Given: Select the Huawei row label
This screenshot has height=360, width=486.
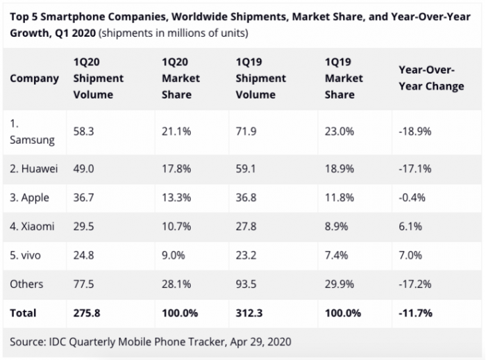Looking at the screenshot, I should (33, 168).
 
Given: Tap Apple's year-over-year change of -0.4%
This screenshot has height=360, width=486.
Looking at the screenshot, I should (412, 197).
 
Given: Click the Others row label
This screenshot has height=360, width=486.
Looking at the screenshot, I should (26, 284).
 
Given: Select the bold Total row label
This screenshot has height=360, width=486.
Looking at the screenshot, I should (23, 313).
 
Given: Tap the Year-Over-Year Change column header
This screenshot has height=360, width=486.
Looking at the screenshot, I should (431, 78).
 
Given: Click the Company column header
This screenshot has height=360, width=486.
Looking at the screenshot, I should (34, 78).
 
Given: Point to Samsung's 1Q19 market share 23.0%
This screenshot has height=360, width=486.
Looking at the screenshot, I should (338, 130).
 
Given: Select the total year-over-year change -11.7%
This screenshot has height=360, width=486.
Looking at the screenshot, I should (415, 313).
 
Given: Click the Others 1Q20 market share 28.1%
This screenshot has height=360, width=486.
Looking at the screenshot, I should (176, 284).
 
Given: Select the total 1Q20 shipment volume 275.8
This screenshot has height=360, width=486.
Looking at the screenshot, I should (87, 313).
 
